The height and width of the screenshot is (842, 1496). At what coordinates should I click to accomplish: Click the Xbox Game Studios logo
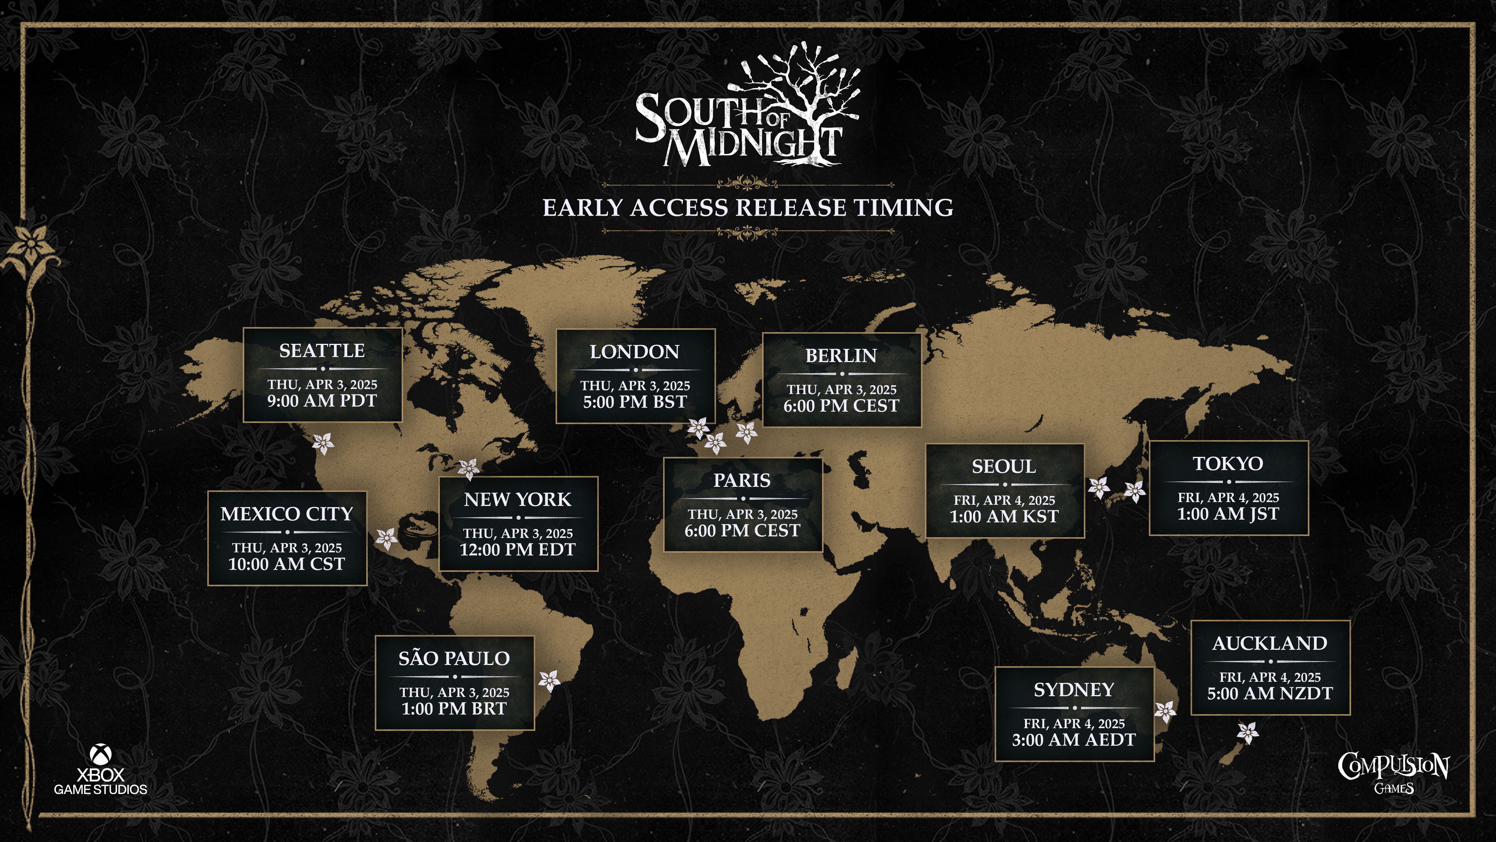tap(101, 771)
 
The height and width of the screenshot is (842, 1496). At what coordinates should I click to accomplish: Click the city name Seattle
tap(322, 351)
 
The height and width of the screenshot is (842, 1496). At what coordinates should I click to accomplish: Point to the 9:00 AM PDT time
tap(322, 401)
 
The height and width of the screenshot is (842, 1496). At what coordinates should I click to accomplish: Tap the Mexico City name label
tap(287, 514)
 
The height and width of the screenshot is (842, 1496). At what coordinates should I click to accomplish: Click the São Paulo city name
tap(454, 658)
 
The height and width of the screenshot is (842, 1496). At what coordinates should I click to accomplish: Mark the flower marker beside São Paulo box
tap(549, 681)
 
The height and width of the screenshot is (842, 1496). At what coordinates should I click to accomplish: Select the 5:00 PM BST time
tap(635, 402)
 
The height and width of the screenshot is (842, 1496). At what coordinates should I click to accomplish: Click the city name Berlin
tap(841, 356)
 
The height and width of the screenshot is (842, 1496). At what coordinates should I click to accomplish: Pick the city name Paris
tap(742, 481)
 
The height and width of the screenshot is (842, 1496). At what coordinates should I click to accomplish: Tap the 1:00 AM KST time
tap(1004, 517)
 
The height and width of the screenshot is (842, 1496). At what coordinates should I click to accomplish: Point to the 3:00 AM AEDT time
tap(1074, 740)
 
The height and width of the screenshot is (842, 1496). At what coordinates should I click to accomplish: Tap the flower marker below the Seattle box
tap(323, 443)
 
